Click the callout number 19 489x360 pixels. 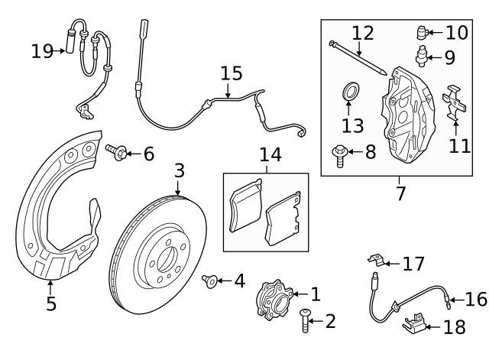(42, 51)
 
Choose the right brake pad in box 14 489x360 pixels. (281, 222)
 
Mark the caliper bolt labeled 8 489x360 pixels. (338, 155)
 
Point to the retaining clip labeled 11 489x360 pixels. (455, 103)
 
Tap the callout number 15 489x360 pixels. (232, 73)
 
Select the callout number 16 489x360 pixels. (475, 299)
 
